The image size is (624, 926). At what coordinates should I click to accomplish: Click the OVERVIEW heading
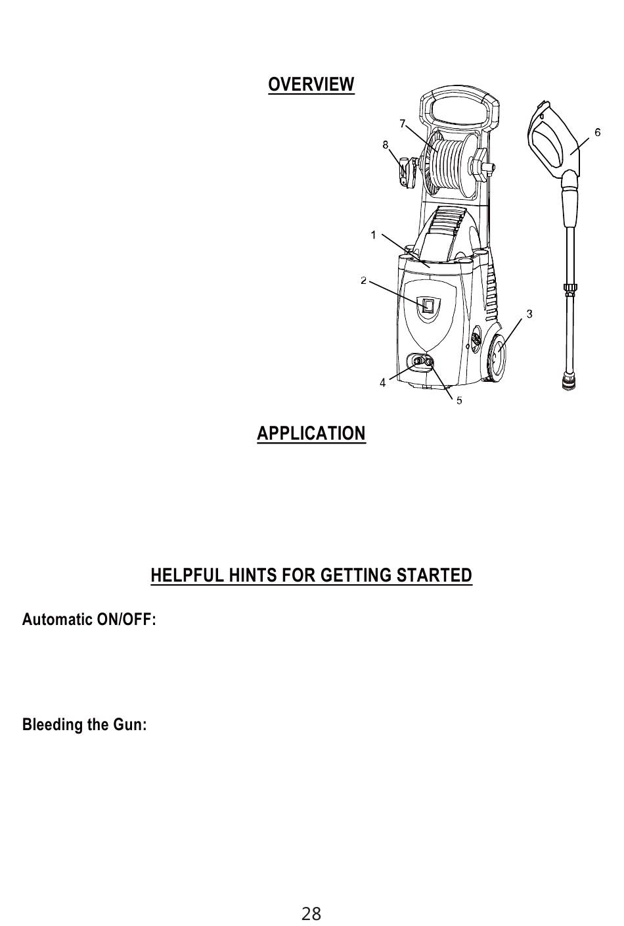click(311, 85)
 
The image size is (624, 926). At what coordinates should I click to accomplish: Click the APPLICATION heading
click(311, 434)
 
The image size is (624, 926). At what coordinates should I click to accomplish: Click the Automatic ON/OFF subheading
click(89, 620)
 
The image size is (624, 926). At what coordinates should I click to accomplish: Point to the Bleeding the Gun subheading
click(84, 725)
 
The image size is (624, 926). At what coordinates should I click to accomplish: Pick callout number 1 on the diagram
click(373, 235)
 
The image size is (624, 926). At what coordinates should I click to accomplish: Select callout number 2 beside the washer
click(363, 281)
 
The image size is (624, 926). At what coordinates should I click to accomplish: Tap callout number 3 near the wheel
click(529, 313)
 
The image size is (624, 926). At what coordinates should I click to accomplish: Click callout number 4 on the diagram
click(382, 382)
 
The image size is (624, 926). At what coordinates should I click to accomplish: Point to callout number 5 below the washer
click(459, 400)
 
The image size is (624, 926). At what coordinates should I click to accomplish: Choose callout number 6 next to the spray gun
click(597, 132)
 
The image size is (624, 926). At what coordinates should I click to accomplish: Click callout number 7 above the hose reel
click(402, 124)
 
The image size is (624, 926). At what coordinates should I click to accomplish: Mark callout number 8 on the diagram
click(386, 145)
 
